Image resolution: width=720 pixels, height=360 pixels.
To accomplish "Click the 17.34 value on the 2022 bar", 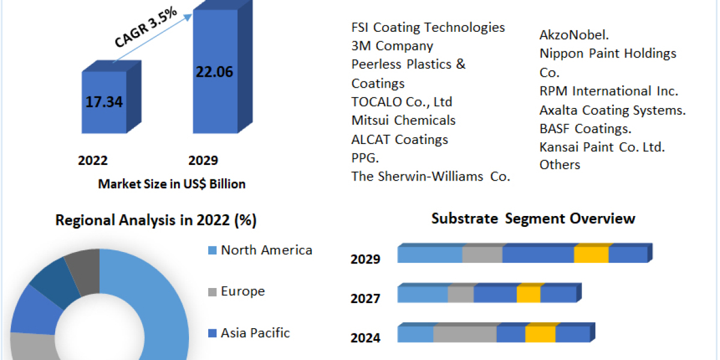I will click(104, 102).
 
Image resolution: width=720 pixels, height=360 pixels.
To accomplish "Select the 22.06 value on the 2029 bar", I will click(214, 72).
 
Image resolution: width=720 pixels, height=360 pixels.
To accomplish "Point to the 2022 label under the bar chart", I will click(93, 160).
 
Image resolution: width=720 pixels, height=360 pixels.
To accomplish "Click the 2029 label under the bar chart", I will click(203, 160).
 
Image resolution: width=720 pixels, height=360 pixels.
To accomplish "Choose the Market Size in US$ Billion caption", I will click(172, 184).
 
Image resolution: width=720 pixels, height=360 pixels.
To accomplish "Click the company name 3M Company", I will click(392, 46).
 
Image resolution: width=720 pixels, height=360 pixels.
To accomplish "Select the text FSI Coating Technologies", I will click(428, 27).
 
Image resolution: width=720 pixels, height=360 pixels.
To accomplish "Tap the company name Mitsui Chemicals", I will click(403, 120).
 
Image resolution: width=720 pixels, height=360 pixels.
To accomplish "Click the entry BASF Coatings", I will click(585, 128).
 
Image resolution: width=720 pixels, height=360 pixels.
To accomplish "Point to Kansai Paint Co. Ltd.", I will click(602, 146).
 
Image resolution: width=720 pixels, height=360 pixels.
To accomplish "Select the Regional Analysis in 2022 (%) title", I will click(156, 221).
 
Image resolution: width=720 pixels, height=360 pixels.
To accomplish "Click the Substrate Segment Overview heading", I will click(533, 218).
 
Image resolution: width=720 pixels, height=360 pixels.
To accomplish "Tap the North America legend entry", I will click(266, 250).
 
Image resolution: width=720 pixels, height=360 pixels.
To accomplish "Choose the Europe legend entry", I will click(242, 292).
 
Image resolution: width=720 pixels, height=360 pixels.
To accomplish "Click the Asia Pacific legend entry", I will click(254, 332).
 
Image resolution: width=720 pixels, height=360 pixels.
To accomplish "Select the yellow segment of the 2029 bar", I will click(591, 254).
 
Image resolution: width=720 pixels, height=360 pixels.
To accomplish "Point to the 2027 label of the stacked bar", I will click(365, 298).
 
